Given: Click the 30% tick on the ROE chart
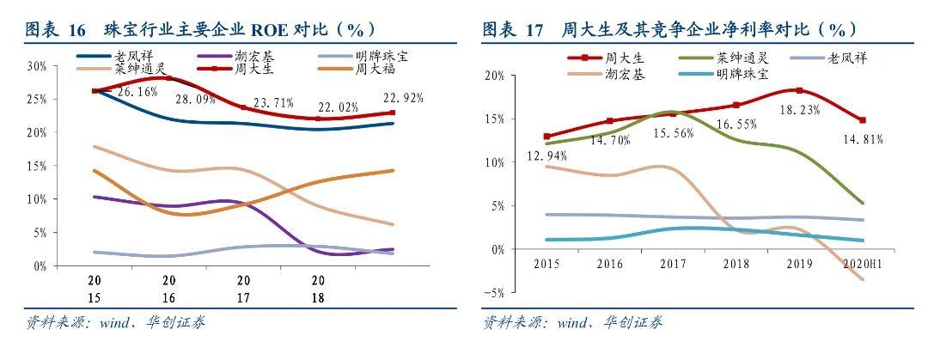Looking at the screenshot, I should tap(37, 66).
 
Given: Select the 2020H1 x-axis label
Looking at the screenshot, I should tap(861, 262).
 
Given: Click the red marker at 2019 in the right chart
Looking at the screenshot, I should tap(799, 90).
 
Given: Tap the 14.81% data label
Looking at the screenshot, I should tap(863, 138).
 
